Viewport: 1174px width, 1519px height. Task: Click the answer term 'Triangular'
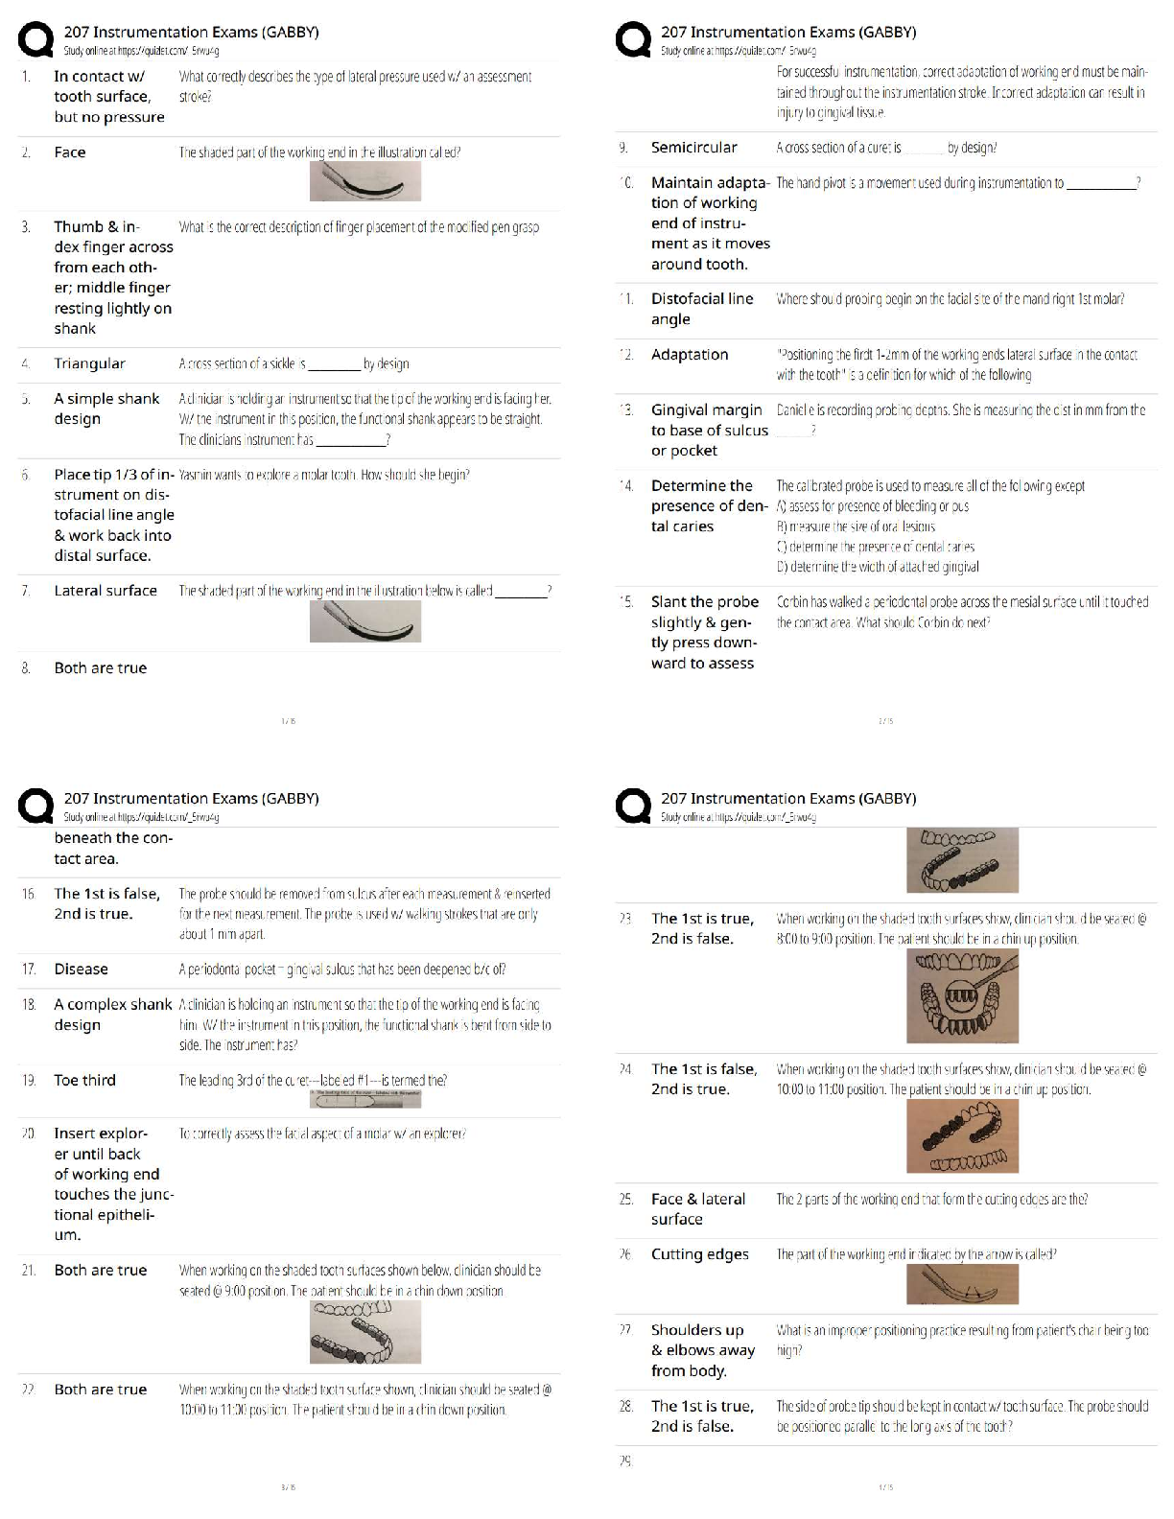(89, 363)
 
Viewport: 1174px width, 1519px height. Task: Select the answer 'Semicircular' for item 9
(693, 148)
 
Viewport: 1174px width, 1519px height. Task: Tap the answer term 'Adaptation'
(689, 355)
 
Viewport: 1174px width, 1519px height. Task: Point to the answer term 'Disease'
(81, 970)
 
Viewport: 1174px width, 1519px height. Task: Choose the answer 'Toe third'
(84, 1081)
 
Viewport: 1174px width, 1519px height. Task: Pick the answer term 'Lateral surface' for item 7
(106, 591)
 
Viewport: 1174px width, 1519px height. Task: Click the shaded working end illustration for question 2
(364, 181)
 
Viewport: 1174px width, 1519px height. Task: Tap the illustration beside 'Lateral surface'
(364, 622)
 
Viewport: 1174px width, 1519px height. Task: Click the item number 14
(626, 486)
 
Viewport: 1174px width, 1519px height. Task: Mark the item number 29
(625, 1461)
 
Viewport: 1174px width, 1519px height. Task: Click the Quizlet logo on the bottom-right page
(632, 806)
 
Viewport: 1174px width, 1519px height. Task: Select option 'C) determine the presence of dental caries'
(875, 547)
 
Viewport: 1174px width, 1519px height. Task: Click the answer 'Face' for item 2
(70, 152)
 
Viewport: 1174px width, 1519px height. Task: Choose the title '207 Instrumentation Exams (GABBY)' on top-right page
(787, 32)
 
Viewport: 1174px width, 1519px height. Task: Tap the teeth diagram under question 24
(962, 1136)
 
